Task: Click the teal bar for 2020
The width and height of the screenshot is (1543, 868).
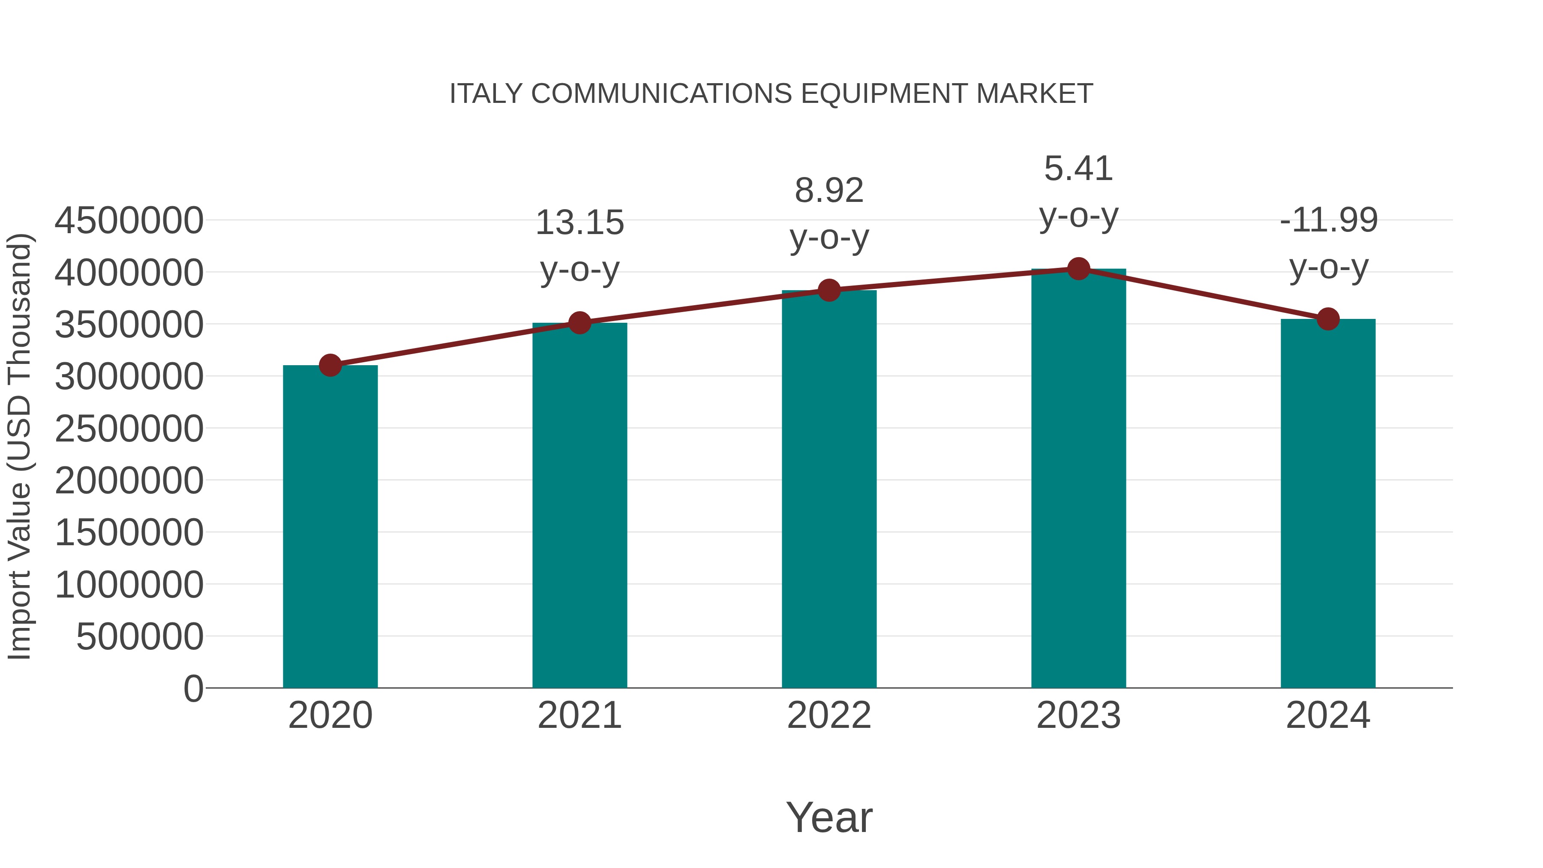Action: [330, 527]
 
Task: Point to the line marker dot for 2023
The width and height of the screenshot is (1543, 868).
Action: [1079, 269]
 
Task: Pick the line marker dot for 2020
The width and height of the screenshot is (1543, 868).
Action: [330, 365]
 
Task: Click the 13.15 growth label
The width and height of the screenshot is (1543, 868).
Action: [580, 223]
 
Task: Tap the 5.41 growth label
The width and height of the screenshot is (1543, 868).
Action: [1079, 169]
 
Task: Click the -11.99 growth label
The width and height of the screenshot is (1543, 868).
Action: [1329, 220]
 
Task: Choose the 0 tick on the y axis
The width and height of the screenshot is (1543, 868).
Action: [193, 688]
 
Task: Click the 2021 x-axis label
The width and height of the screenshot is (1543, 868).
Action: [580, 715]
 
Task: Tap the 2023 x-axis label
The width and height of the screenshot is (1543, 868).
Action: [1079, 715]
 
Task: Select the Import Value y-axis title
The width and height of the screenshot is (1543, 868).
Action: [20, 446]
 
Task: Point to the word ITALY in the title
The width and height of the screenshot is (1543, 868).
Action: [486, 94]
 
